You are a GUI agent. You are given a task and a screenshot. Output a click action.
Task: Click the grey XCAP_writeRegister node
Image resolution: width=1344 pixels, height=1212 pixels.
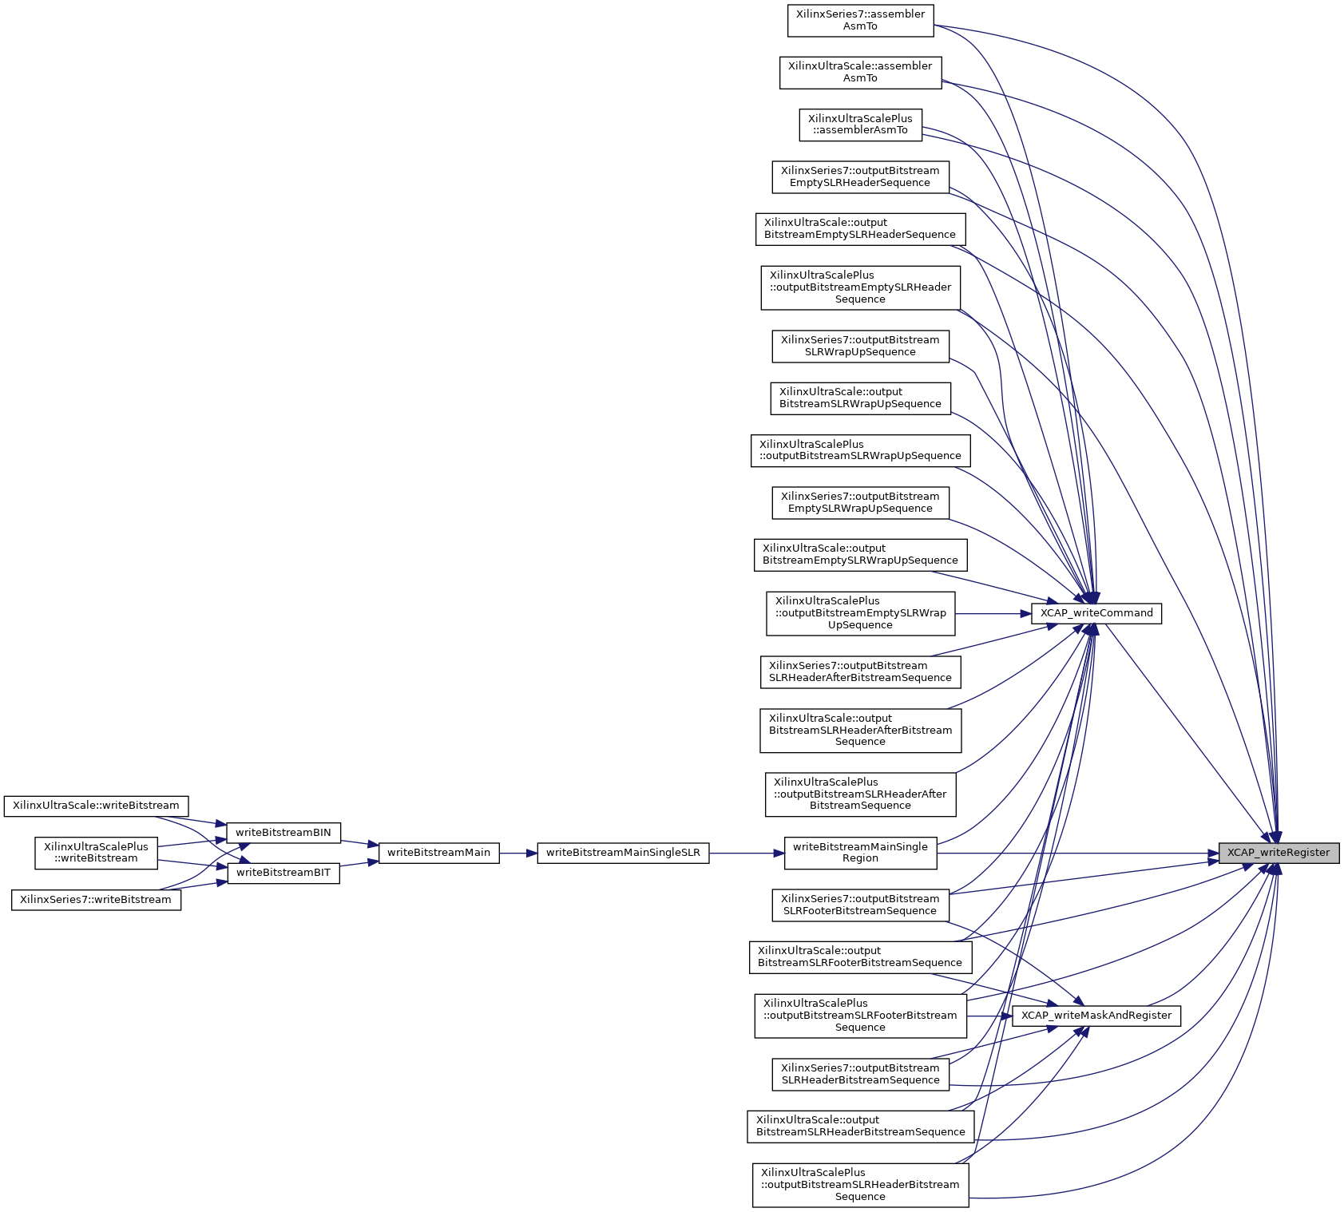[x=1278, y=853]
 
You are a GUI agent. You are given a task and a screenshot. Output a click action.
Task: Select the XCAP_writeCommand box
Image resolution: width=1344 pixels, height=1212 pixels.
[x=1096, y=613]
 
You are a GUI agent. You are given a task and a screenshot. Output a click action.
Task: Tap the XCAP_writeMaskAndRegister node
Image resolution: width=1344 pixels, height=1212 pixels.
[x=1096, y=1016]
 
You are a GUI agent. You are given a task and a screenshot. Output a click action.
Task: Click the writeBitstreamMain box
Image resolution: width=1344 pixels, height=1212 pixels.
[x=438, y=853]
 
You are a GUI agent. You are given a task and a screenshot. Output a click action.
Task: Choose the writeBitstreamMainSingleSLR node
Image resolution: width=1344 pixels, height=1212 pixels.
[x=623, y=853]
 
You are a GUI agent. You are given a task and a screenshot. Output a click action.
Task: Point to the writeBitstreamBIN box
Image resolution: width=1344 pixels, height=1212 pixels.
[x=283, y=833]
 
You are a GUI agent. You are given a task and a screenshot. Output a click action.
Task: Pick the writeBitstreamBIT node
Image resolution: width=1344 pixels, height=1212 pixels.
[x=283, y=873]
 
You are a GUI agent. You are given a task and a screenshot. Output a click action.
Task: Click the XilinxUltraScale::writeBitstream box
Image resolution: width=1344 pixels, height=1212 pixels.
[x=96, y=806]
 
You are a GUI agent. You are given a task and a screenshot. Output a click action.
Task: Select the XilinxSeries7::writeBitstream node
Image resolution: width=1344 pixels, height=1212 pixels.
[x=96, y=900]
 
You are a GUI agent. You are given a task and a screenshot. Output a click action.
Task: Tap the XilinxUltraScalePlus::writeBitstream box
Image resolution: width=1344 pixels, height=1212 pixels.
[x=96, y=853]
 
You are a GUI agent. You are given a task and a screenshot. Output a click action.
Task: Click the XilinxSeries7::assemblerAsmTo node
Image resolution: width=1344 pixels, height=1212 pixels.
[x=860, y=20]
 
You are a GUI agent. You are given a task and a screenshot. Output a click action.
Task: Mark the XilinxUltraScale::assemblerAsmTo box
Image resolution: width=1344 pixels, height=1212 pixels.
[x=860, y=72]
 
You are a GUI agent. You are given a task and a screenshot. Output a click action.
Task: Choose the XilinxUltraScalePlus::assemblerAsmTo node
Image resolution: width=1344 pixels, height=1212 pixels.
[x=860, y=125]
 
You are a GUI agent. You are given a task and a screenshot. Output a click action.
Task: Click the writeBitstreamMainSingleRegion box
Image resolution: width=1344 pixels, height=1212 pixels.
[x=860, y=853]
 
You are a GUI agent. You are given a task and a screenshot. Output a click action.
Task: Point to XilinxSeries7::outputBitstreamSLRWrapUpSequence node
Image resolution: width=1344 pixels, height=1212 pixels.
[x=860, y=346]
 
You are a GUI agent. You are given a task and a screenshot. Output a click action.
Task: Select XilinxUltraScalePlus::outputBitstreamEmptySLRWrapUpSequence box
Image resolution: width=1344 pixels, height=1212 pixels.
[x=860, y=613]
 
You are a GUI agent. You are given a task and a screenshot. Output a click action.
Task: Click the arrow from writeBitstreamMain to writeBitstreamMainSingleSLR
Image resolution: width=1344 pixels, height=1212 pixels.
[x=518, y=853]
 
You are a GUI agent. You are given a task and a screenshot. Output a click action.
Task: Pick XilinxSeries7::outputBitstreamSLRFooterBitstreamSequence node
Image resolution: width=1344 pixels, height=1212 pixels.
[x=860, y=905]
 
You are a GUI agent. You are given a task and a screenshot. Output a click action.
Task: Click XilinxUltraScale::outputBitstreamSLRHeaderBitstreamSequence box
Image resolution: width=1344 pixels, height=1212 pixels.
[x=860, y=1126]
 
